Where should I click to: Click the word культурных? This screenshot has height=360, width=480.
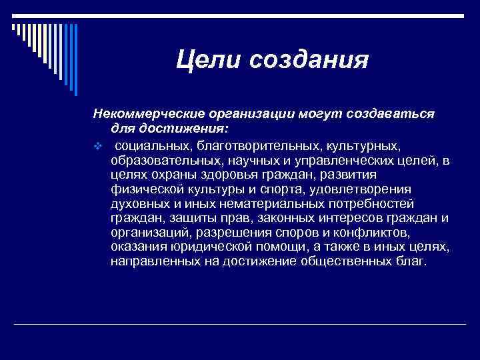click(x=364, y=145)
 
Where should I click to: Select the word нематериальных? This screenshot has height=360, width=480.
click(x=261, y=203)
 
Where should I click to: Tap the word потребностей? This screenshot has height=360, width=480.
click(x=371, y=203)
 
